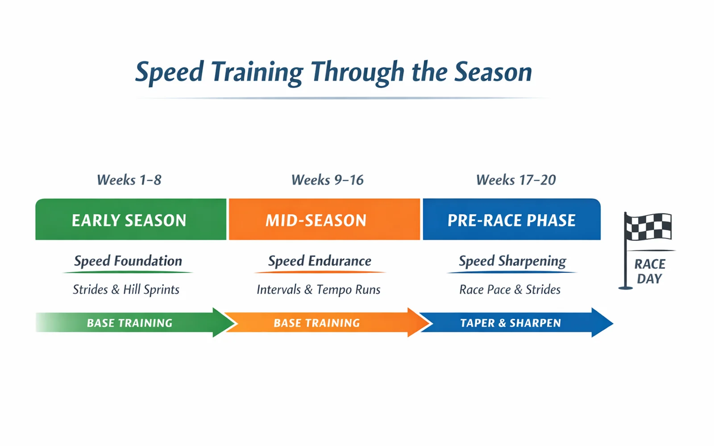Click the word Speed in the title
(x=170, y=72)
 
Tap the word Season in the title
(x=493, y=72)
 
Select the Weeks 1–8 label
(x=129, y=180)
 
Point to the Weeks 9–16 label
(x=327, y=180)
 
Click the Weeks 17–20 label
(x=516, y=180)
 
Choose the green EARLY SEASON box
(x=130, y=220)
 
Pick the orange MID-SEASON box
(x=324, y=220)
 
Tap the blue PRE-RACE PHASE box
(x=511, y=220)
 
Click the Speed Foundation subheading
(x=128, y=261)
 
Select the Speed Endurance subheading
(x=320, y=261)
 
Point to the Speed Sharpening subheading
(x=512, y=261)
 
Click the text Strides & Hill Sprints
(x=126, y=289)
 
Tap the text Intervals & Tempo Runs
(x=319, y=289)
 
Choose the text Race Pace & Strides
(x=510, y=289)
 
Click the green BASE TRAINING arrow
(x=129, y=323)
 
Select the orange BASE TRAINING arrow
(x=317, y=323)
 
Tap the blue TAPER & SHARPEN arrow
(x=511, y=323)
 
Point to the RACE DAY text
(x=650, y=271)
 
